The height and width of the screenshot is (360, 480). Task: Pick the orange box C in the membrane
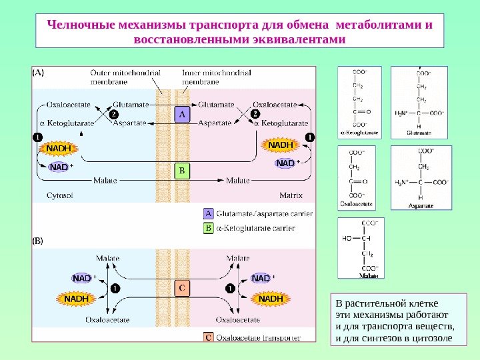coord(181,288)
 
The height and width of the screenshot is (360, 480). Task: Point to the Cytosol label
coord(59,195)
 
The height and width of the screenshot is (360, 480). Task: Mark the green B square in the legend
coord(208,228)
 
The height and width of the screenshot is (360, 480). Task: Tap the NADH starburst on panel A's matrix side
coord(281,145)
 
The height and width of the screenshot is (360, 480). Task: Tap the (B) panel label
coord(39,241)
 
